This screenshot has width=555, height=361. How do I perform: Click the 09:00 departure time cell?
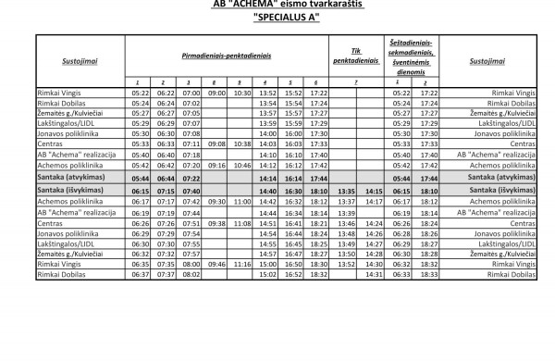click(216, 93)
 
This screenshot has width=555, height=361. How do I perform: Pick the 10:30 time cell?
click(242, 93)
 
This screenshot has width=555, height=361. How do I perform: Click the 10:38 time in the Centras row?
click(242, 144)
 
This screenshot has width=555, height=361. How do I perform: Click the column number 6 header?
click(316, 82)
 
